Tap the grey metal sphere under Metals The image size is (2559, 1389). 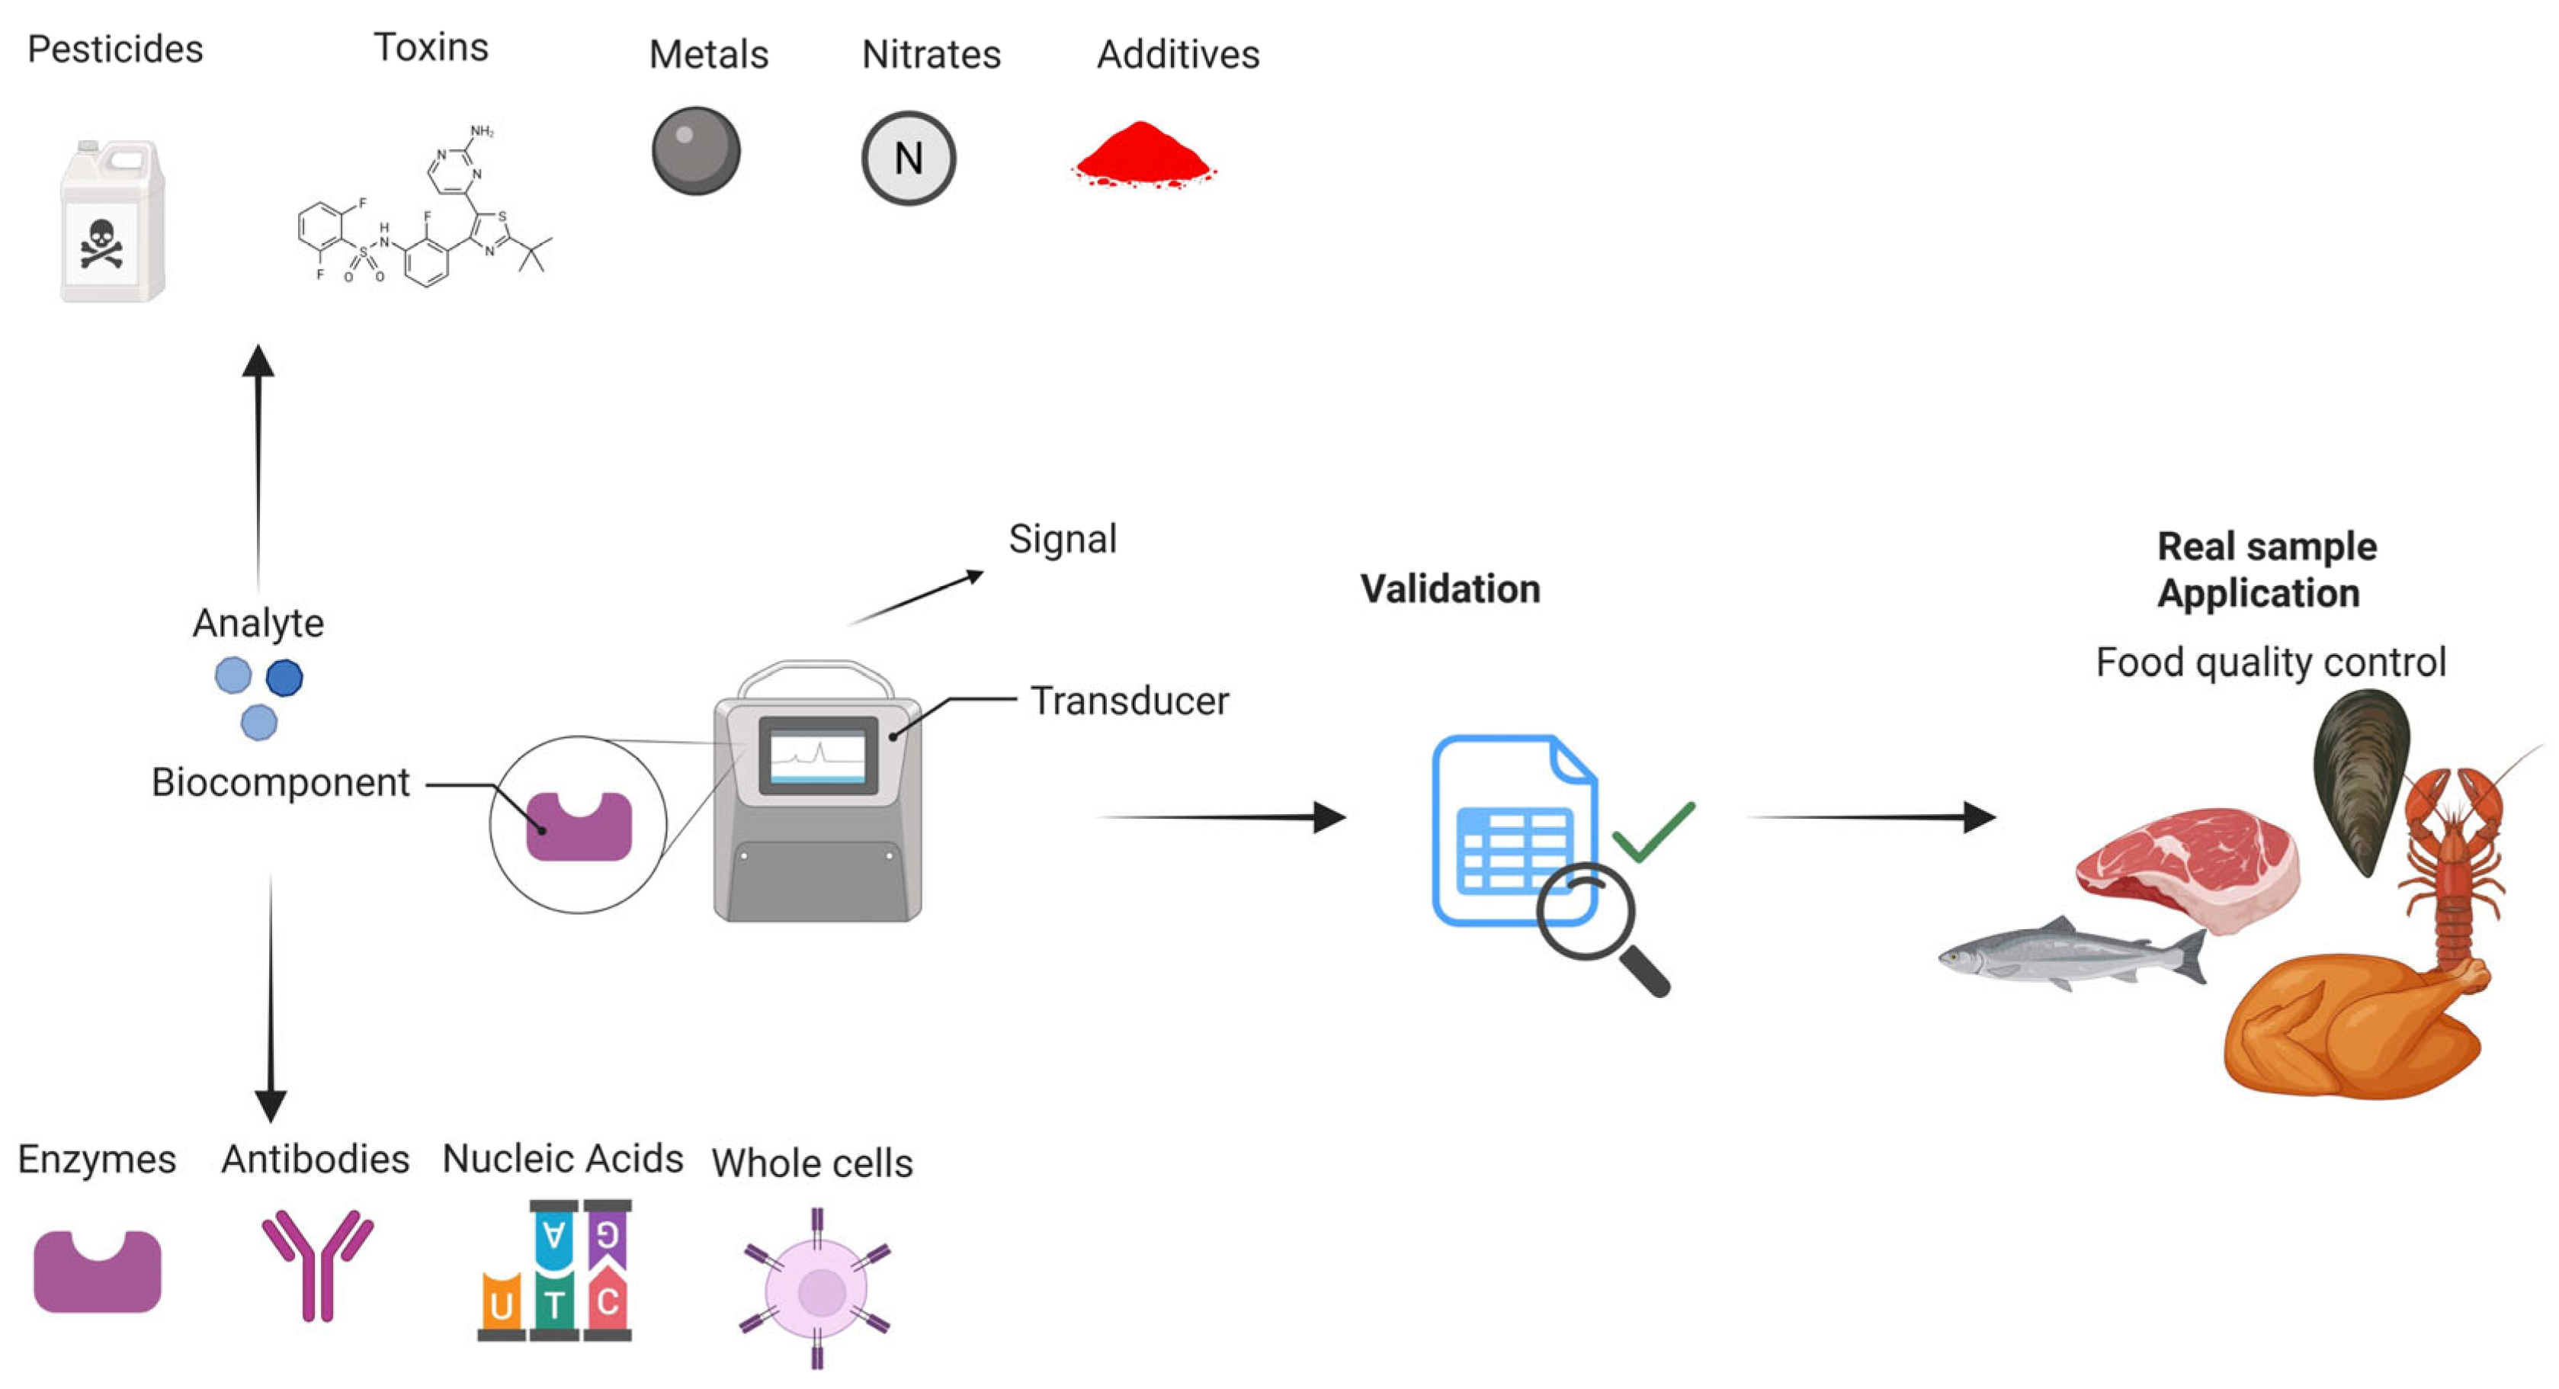click(x=695, y=151)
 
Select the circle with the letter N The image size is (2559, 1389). click(x=908, y=158)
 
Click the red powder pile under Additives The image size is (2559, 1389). click(x=1144, y=157)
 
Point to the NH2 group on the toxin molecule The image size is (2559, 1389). click(x=482, y=131)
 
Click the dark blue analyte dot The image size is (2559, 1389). click(x=284, y=678)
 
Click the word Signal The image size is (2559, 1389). click(x=1062, y=540)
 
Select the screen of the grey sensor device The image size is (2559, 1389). click(x=818, y=755)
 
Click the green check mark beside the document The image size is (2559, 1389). click(x=1652, y=831)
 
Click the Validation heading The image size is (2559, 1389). click(x=1449, y=589)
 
